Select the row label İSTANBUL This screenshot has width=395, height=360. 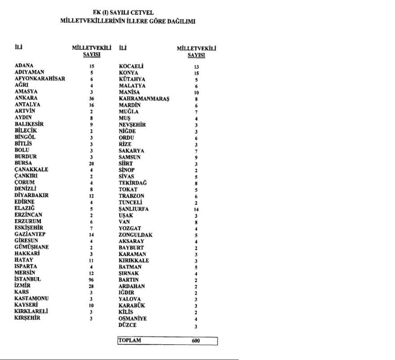(28, 279)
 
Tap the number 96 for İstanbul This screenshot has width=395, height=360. (91, 279)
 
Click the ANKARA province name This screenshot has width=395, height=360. (26, 98)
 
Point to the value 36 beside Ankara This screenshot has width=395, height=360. (91, 98)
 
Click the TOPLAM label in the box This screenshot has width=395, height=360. (130, 340)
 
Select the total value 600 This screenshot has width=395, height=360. (196, 341)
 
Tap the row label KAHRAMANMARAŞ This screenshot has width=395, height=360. (144, 98)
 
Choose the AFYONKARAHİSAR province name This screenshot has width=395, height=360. (40, 78)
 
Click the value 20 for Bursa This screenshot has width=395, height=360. (91, 164)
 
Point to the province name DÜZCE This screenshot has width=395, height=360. (128, 325)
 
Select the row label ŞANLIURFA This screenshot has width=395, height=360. (134, 209)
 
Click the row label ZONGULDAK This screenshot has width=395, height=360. (136, 234)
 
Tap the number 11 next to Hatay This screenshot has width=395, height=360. (91, 260)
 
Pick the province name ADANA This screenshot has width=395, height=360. (24, 65)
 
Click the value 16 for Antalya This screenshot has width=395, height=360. (91, 104)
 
